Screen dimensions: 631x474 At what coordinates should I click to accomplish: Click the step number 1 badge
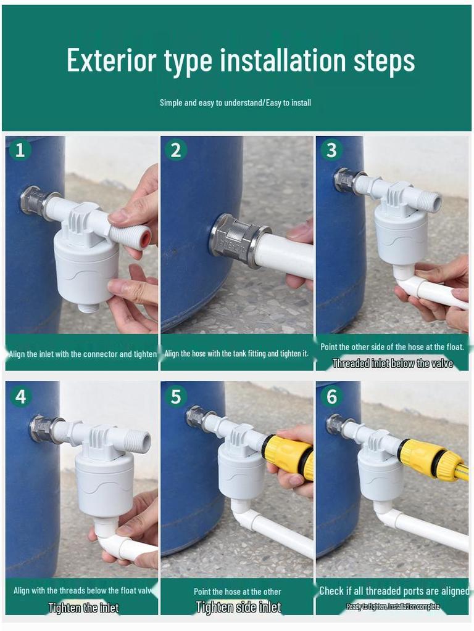point(20,150)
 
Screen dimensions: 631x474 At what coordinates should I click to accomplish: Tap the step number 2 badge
point(176,150)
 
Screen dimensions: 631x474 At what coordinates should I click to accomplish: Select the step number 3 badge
point(331,150)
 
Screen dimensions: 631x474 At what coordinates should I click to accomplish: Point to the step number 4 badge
point(20,396)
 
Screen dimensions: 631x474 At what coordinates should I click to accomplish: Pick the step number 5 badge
point(176,396)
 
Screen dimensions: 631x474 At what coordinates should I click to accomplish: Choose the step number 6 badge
point(331,396)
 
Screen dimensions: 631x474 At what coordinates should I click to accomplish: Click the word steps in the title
point(384,60)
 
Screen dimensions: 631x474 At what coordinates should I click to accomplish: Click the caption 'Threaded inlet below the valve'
point(393,364)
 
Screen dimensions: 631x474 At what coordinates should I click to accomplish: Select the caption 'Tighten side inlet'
point(238,608)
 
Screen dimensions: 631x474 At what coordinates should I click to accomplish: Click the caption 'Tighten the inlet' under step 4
point(83,608)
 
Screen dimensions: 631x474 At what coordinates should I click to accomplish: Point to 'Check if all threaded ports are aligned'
point(394,591)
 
